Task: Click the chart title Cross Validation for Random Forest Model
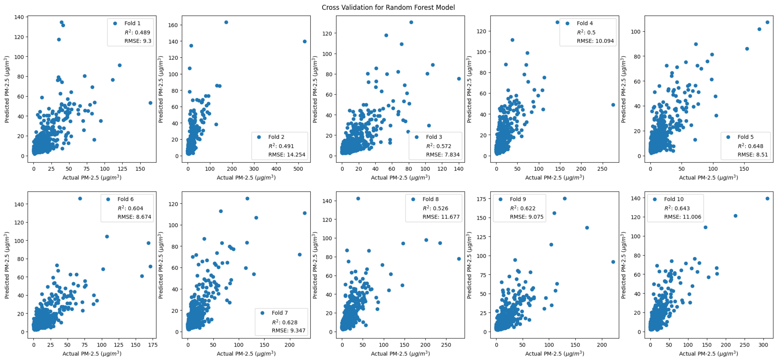tap(388, 7)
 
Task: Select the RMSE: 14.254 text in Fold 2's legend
tap(287, 155)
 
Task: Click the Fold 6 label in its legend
tap(126, 199)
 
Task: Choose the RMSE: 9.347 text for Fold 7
tap(289, 331)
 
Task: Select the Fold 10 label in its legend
tap(674, 199)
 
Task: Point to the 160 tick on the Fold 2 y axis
tap(173, 25)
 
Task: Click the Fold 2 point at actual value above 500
tap(305, 41)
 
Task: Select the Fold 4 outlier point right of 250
tap(613, 105)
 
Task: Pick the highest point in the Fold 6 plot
tap(80, 199)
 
